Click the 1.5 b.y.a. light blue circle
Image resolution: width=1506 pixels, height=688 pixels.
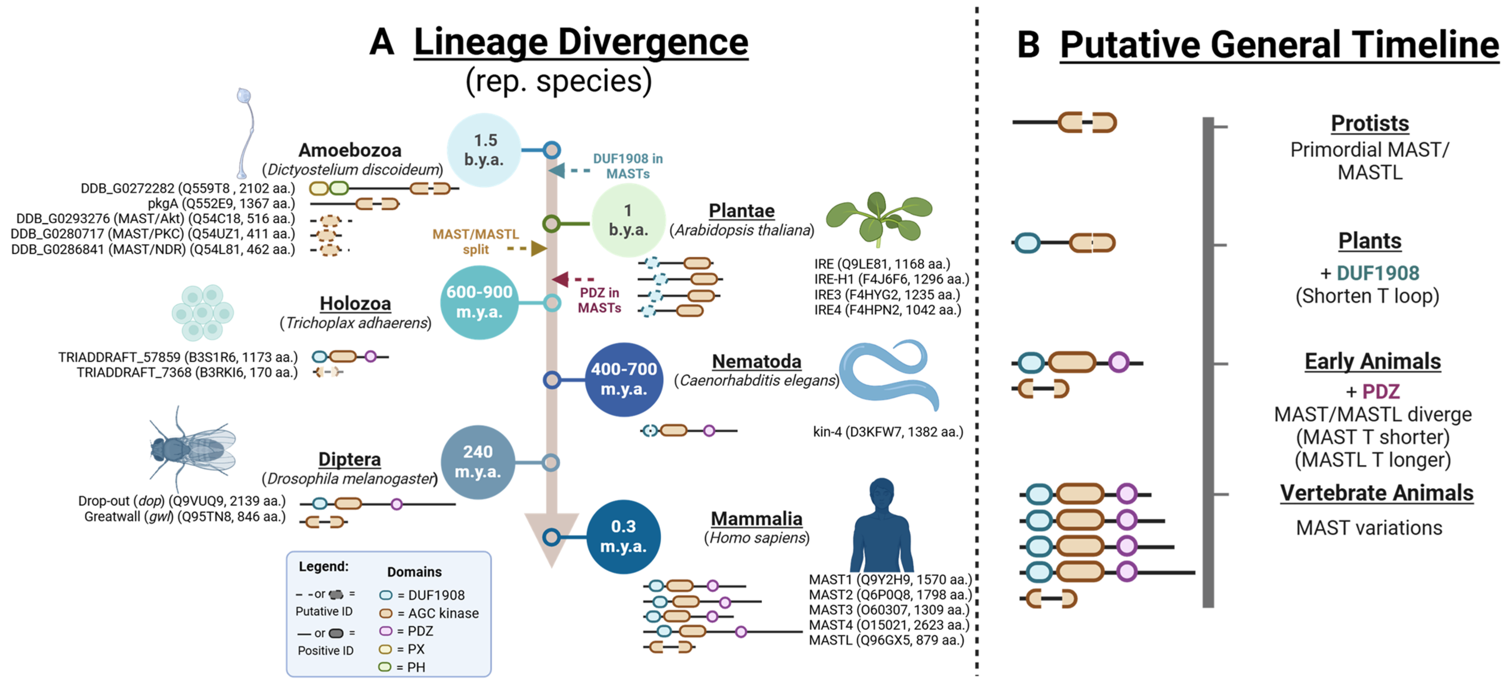(484, 150)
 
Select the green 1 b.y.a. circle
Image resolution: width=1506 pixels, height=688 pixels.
(628, 220)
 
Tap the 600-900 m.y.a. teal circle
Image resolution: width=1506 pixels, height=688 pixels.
(479, 302)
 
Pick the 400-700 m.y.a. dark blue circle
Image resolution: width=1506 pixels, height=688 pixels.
(624, 379)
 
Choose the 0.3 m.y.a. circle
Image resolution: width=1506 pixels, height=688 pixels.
(623, 537)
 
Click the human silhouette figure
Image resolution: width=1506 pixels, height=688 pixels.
(881, 526)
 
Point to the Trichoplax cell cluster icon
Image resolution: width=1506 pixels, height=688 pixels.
(202, 313)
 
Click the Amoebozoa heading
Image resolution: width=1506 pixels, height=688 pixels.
(350, 150)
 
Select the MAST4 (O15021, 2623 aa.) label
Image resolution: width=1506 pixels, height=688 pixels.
(889, 625)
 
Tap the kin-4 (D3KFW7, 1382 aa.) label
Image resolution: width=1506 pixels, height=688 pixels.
(887, 432)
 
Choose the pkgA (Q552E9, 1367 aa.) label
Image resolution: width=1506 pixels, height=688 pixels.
(221, 204)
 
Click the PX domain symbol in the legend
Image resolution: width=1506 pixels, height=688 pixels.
(385, 649)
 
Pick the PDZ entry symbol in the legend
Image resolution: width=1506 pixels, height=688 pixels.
(385, 631)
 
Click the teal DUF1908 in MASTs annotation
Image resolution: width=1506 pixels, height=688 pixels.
(627, 166)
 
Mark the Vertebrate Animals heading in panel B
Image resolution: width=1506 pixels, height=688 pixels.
(1376, 493)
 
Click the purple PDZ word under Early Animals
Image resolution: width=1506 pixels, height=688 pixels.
(1380, 391)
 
